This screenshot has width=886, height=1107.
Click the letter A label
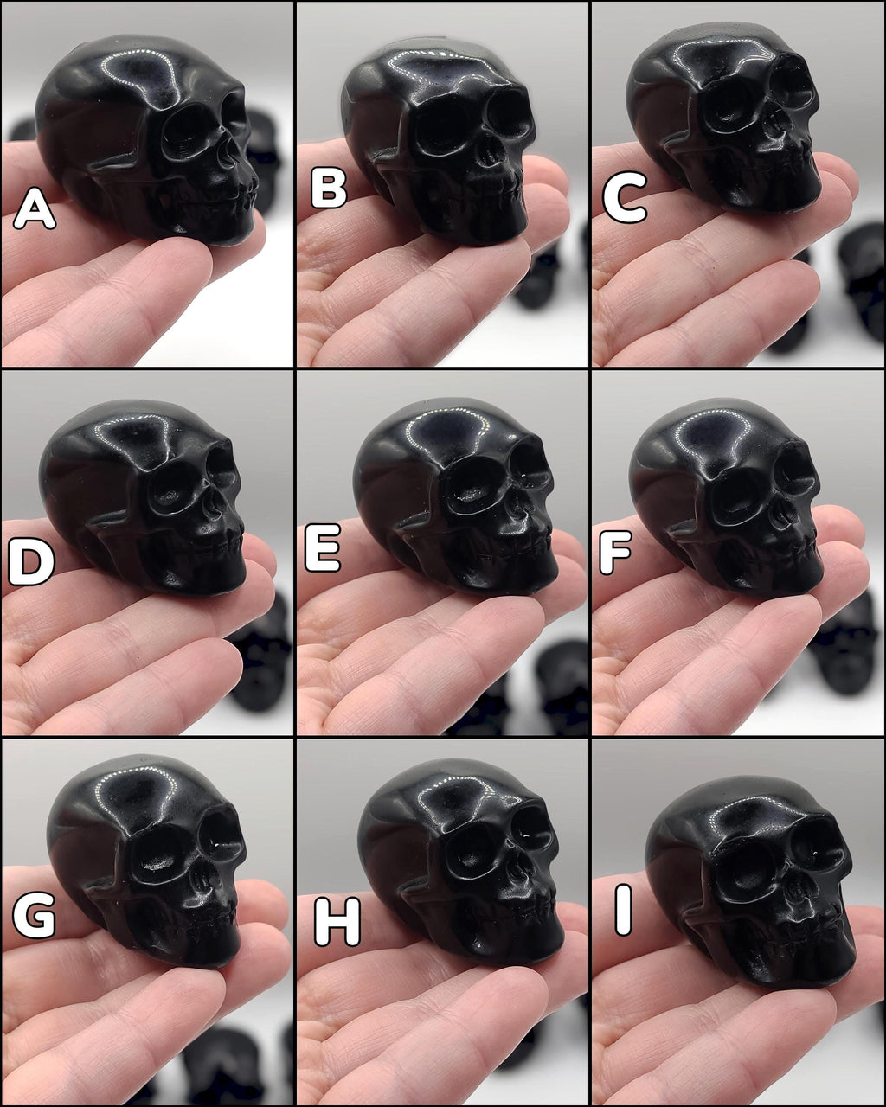click(x=34, y=208)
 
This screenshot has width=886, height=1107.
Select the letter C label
click(x=625, y=197)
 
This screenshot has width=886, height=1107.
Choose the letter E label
click(x=324, y=548)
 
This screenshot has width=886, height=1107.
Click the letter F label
click(x=616, y=552)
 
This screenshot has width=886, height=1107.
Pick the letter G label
click(x=34, y=915)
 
